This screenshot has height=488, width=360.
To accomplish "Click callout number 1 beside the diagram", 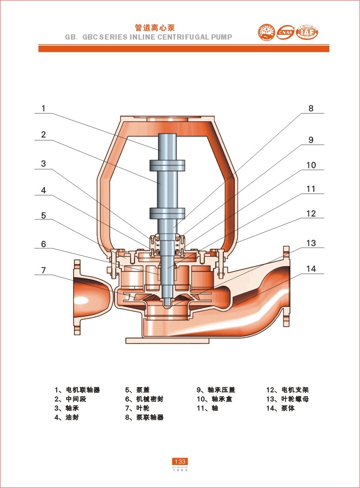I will [x=44, y=108].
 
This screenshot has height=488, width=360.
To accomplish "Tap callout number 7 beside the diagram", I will [x=44, y=270].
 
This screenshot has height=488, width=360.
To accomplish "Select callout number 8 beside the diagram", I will [x=311, y=108].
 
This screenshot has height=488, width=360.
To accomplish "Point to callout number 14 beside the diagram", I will [x=311, y=269].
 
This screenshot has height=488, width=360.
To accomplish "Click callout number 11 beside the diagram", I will [x=311, y=189].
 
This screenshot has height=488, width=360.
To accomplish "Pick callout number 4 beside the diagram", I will [x=44, y=190].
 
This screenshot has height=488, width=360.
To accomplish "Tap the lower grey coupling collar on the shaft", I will [x=168, y=213].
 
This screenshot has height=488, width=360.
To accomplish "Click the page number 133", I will [x=180, y=461].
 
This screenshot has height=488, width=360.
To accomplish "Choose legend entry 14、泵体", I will [x=280, y=408].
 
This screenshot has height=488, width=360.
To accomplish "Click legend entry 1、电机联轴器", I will [x=77, y=390].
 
